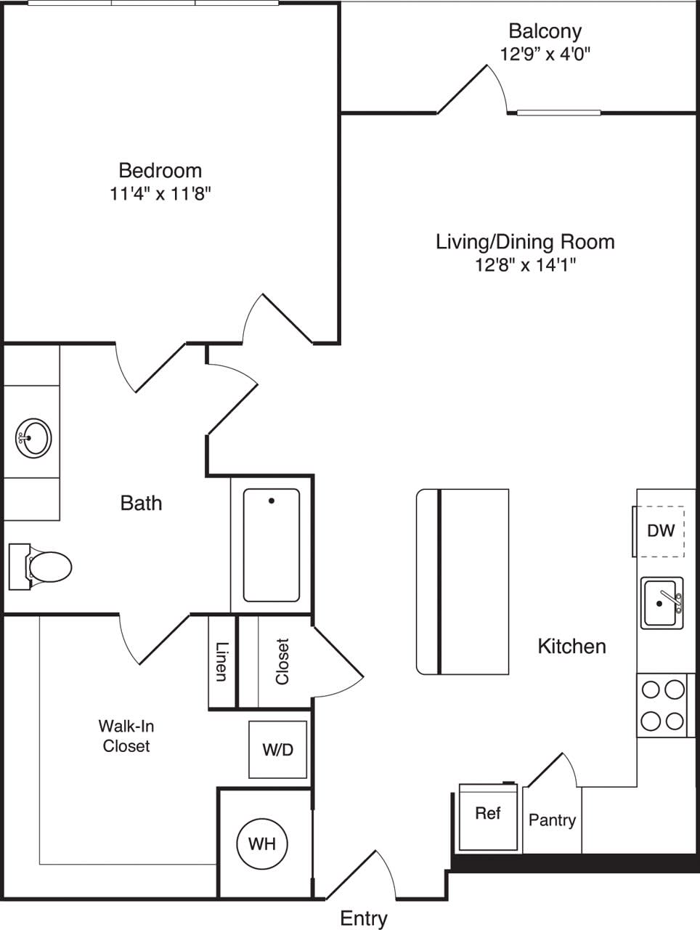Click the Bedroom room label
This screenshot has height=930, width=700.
point(160,171)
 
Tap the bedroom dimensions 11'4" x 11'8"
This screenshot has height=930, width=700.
point(160,194)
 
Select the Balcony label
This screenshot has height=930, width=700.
point(545,31)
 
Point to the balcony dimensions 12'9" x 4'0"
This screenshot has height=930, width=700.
point(545,54)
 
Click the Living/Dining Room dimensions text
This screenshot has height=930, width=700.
point(525,265)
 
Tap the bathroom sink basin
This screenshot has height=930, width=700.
point(33,438)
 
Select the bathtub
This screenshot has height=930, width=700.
point(272,545)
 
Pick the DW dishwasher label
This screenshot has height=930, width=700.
point(661,530)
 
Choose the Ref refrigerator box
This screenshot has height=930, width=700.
point(488,815)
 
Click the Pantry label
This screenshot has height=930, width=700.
point(552,820)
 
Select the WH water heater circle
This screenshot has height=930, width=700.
point(261,844)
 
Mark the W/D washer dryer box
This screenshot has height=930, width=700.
point(278,750)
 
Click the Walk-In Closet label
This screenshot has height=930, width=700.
point(126,735)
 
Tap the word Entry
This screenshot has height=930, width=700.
point(363,918)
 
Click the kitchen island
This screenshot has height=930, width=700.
point(463,581)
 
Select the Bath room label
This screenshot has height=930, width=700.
point(141,503)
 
